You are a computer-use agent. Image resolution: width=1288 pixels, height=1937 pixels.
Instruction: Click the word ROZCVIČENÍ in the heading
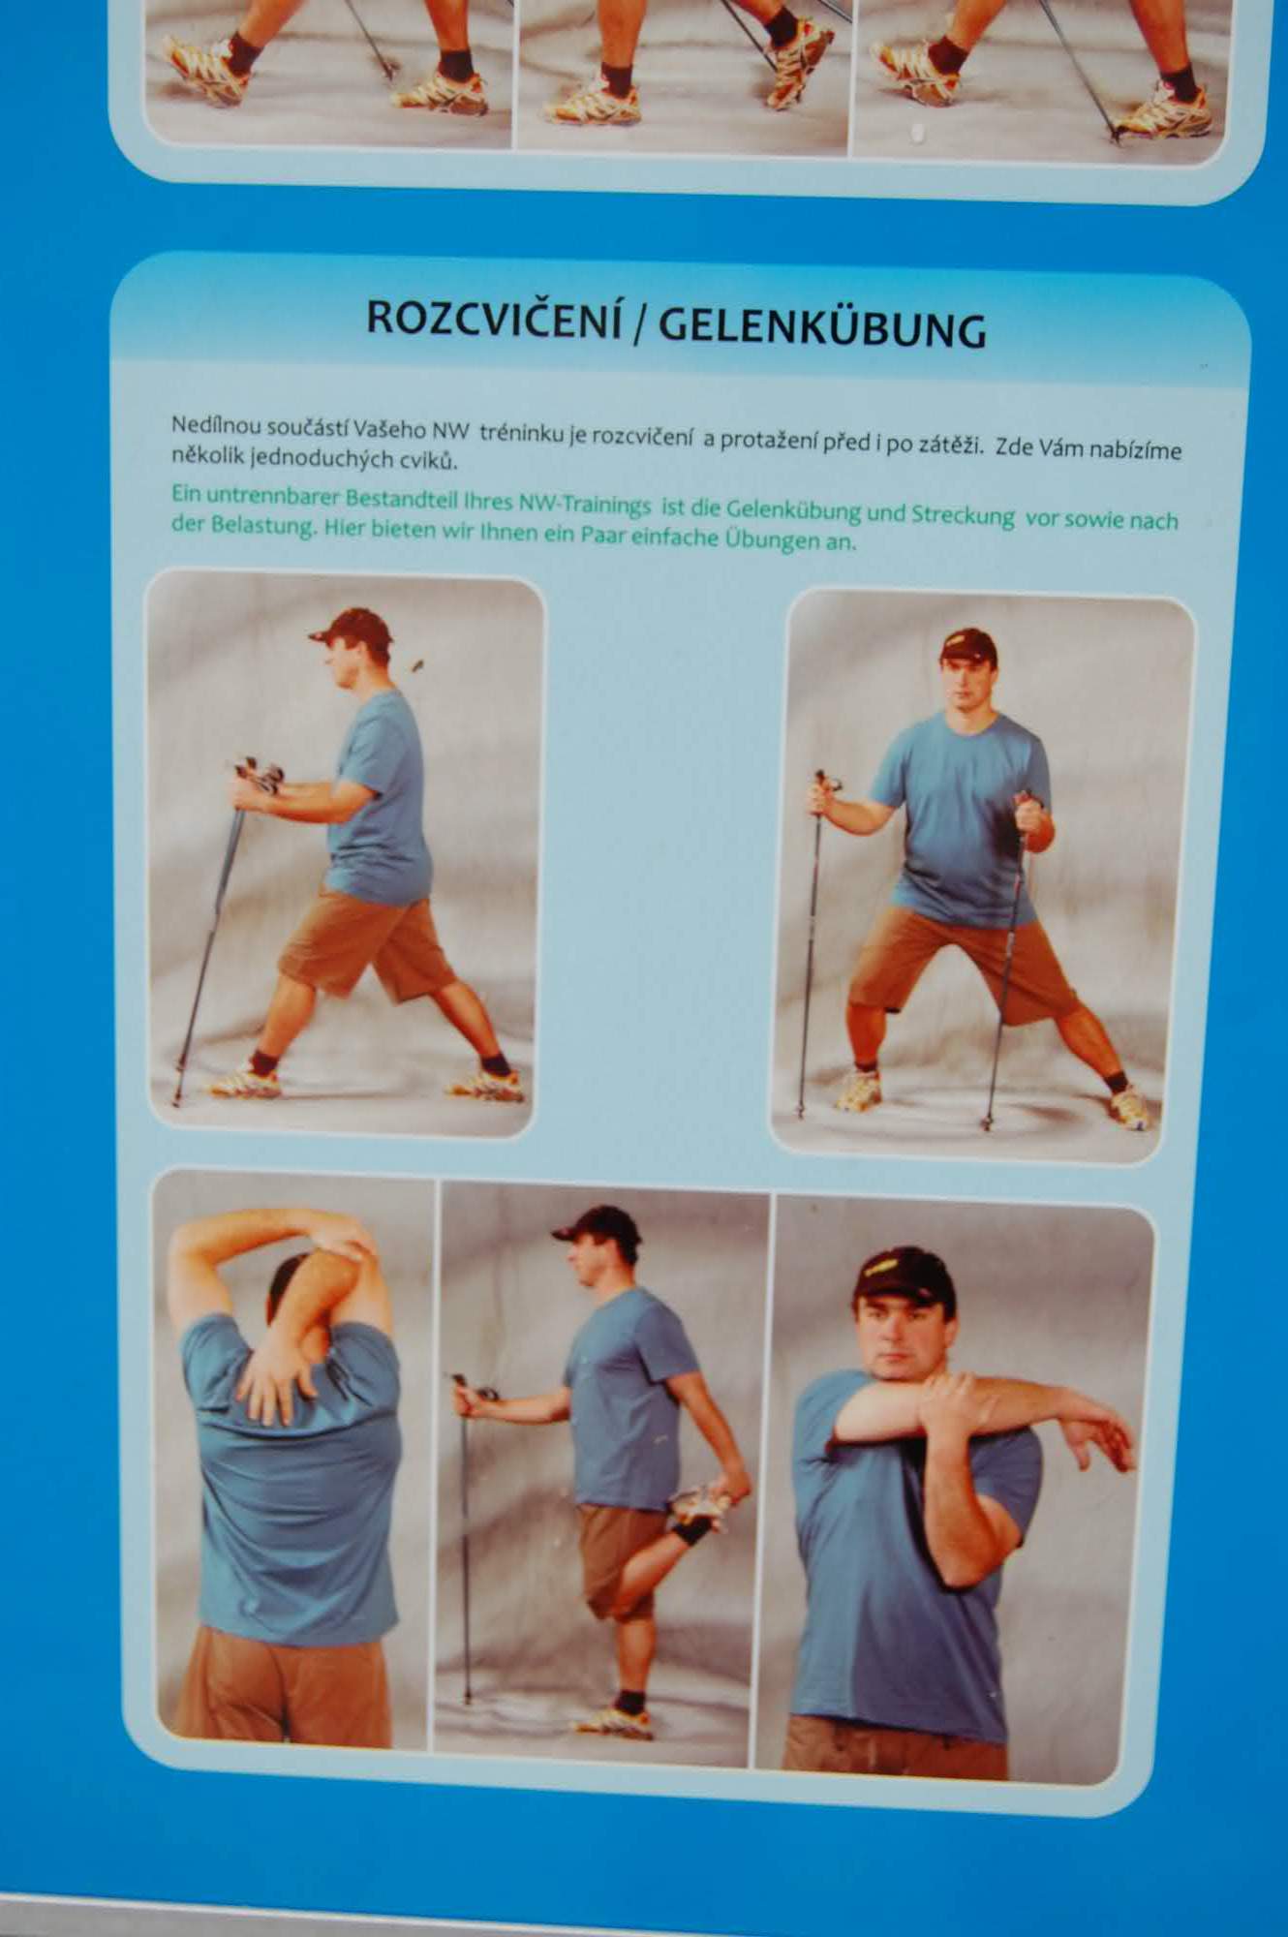click(494, 318)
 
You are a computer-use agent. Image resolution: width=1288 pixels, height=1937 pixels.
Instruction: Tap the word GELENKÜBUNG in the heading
click(822, 327)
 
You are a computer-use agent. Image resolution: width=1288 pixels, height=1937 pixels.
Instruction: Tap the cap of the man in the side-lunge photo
click(967, 644)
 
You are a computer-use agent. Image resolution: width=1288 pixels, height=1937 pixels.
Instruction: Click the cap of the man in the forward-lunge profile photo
click(352, 627)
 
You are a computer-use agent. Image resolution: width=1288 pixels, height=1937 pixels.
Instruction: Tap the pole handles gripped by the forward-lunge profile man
click(258, 775)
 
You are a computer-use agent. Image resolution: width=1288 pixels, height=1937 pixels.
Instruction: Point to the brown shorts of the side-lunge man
click(963, 965)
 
